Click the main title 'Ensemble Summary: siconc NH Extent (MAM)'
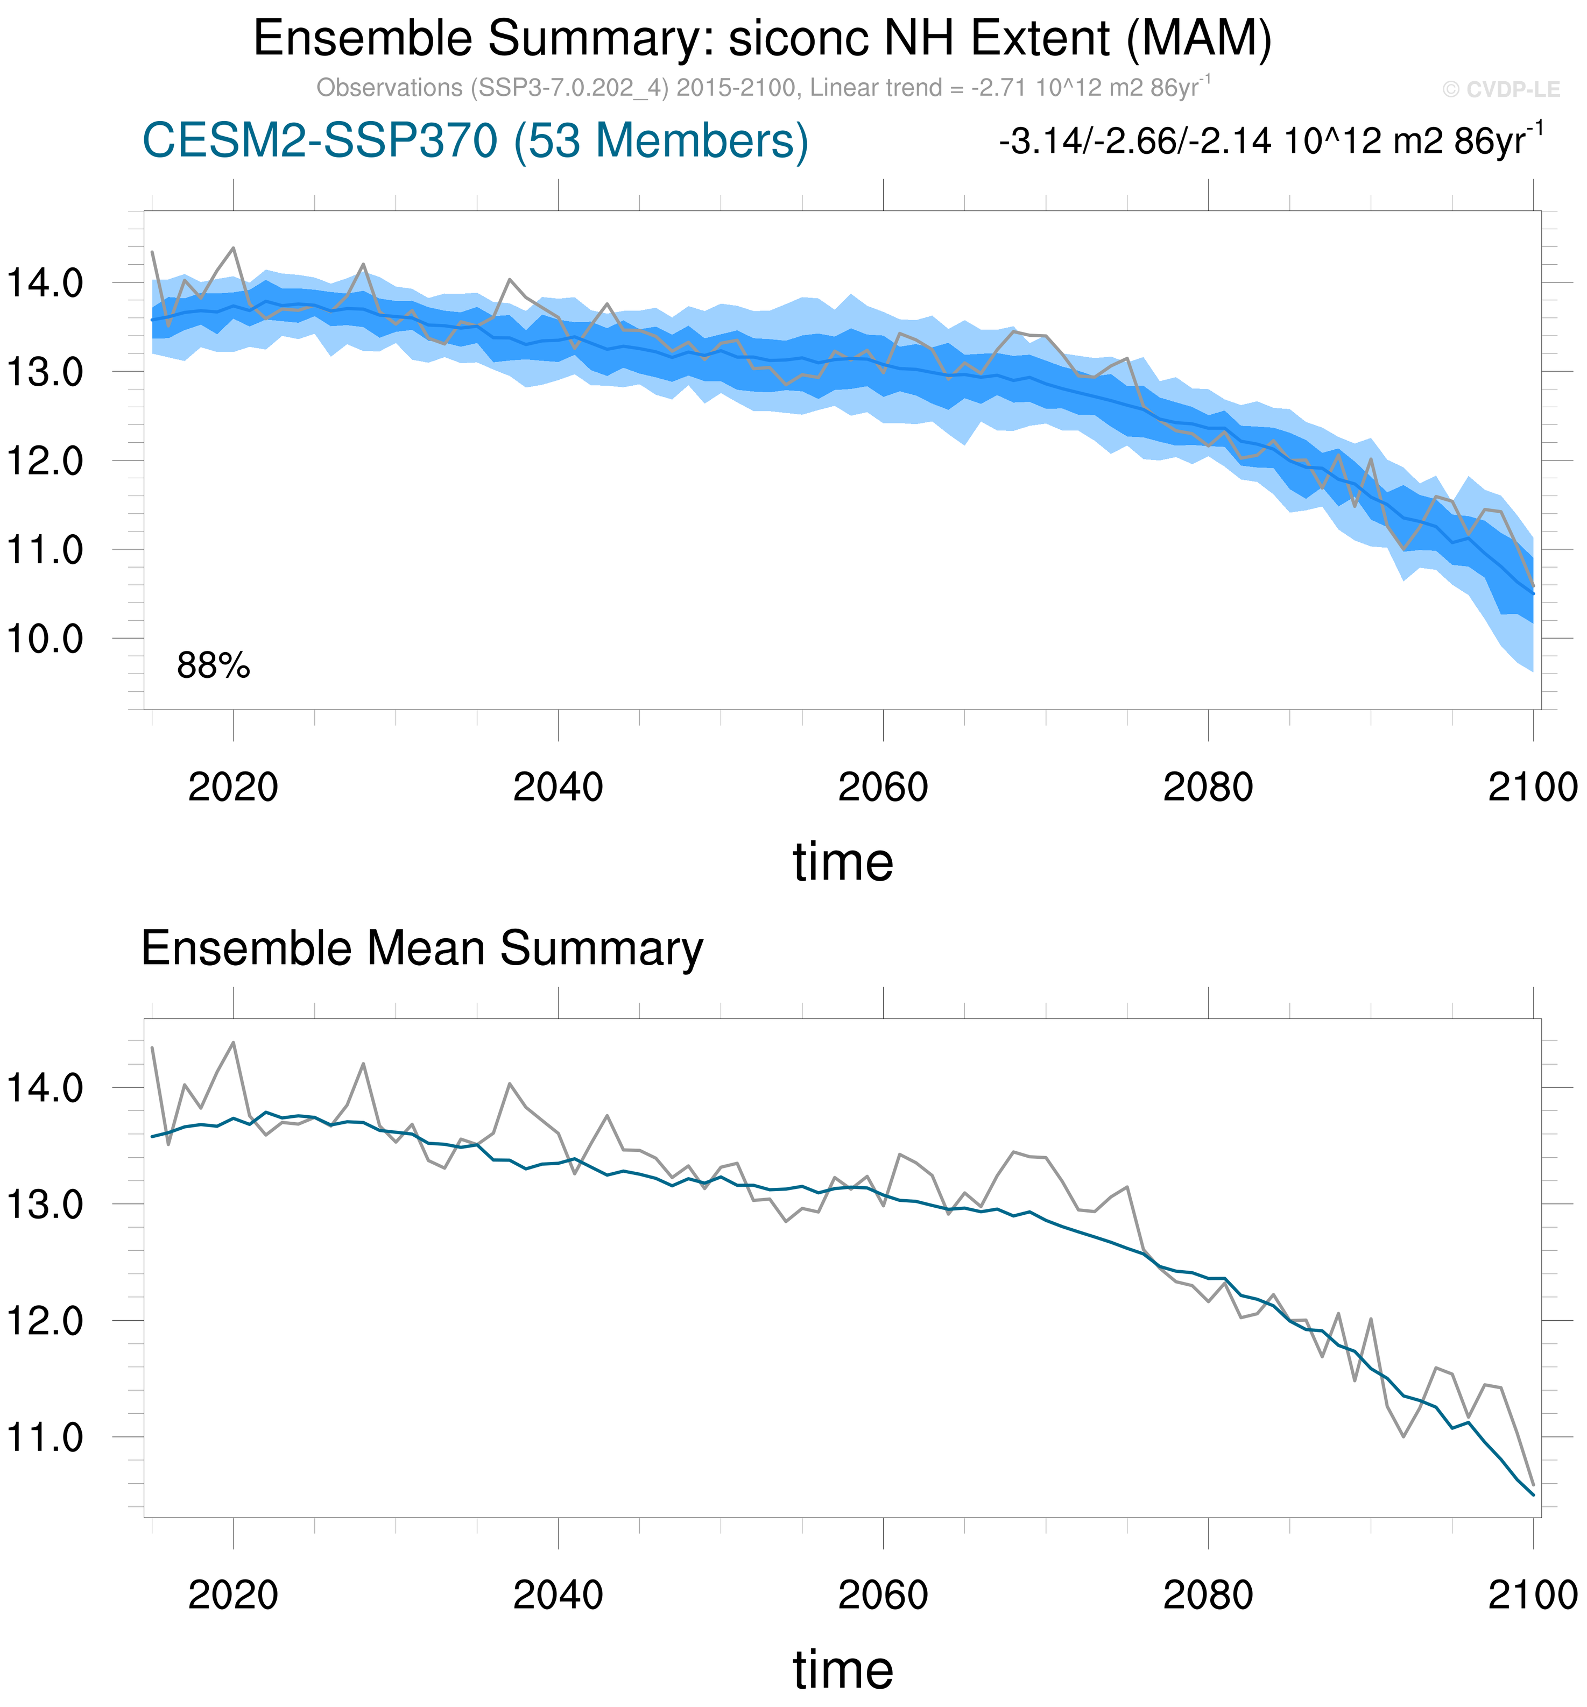click(x=763, y=39)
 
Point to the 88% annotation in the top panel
click(x=213, y=665)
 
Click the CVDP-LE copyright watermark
click(x=1500, y=89)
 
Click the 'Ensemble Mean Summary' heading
click(x=422, y=949)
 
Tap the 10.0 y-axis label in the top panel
click(x=45, y=639)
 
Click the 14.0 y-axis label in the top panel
click(x=45, y=282)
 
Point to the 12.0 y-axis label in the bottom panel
click(x=45, y=1321)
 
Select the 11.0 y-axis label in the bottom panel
click(x=45, y=1437)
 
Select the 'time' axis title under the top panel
click(x=842, y=862)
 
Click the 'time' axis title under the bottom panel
click(x=842, y=1670)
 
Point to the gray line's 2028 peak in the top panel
click(x=363, y=265)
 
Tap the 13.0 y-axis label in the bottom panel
click(x=45, y=1205)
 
